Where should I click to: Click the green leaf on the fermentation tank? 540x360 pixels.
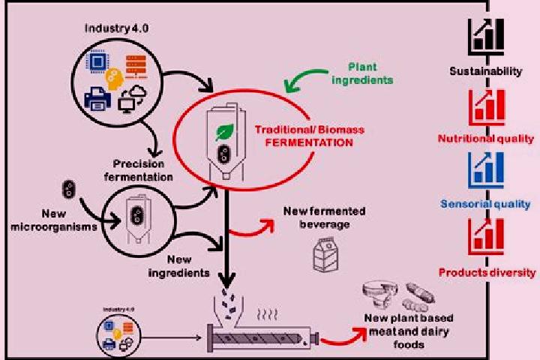[x=224, y=132]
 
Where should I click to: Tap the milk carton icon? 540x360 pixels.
[x=325, y=254]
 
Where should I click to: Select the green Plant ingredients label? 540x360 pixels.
[x=362, y=73]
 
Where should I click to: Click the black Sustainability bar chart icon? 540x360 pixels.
[x=486, y=37]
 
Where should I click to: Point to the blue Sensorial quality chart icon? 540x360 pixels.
[x=486, y=170]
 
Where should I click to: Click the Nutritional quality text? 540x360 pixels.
[x=486, y=139]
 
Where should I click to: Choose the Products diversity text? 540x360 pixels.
[x=487, y=273]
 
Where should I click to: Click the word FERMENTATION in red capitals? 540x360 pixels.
[x=309, y=142]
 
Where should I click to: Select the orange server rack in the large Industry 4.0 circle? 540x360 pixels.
[x=136, y=67]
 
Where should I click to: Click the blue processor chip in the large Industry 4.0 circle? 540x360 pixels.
[x=98, y=61]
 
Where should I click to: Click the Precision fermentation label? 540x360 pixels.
[x=139, y=170]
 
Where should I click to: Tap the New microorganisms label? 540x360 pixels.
[x=54, y=220]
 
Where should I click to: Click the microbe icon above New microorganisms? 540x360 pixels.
[x=69, y=189]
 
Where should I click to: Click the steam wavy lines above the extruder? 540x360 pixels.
[x=267, y=314]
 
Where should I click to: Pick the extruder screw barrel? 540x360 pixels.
[x=262, y=338]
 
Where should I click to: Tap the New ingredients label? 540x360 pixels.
[x=179, y=266]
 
